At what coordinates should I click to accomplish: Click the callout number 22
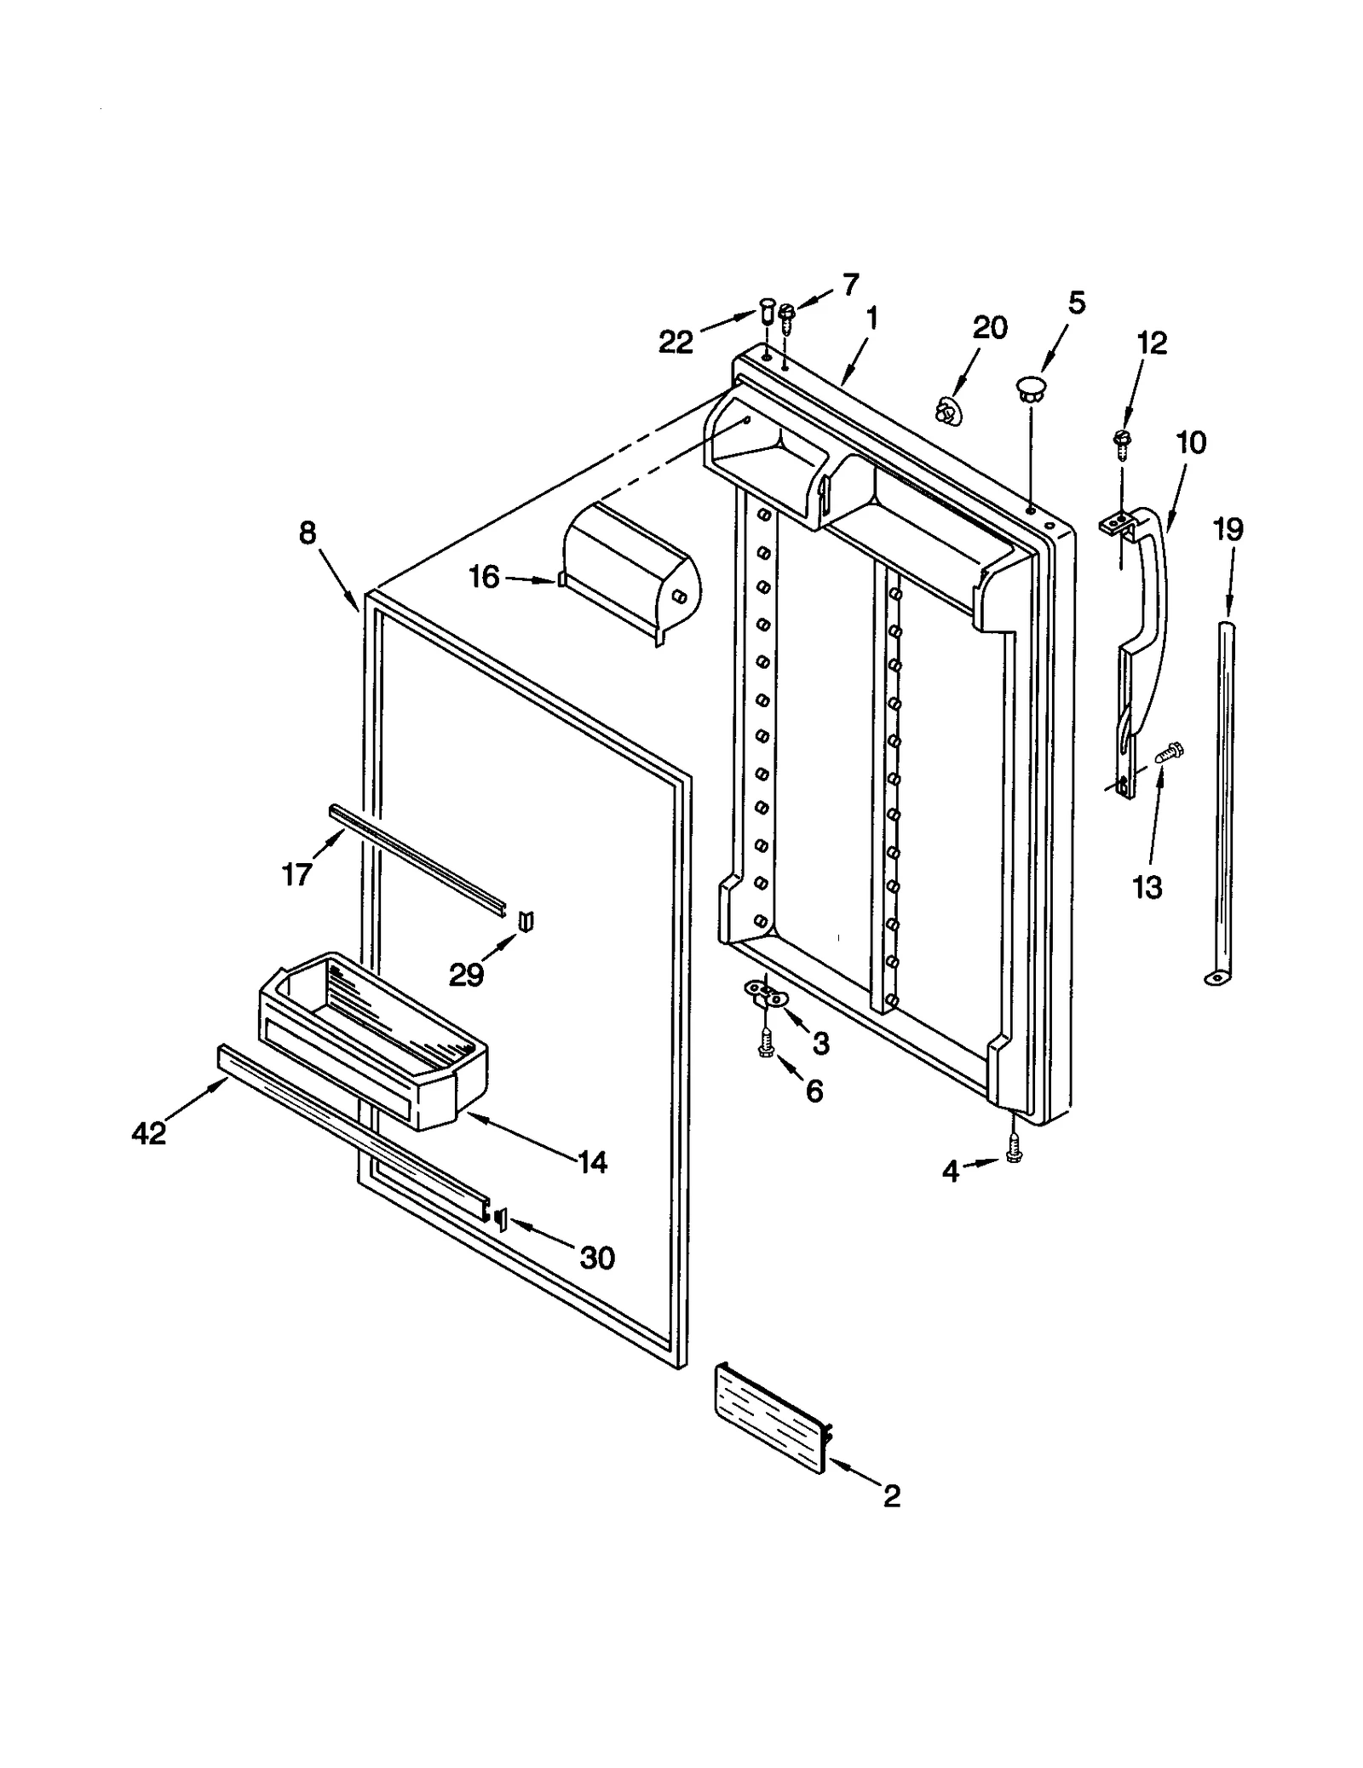676,343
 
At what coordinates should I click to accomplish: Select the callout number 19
1228,530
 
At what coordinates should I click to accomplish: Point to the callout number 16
484,578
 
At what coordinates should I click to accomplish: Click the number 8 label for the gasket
308,533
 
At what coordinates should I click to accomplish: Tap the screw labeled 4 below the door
1013,1150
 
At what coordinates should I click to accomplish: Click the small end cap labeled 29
526,921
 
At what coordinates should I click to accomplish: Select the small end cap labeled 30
500,1219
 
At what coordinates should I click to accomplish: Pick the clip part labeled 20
945,411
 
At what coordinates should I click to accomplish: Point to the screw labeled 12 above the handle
1121,441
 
